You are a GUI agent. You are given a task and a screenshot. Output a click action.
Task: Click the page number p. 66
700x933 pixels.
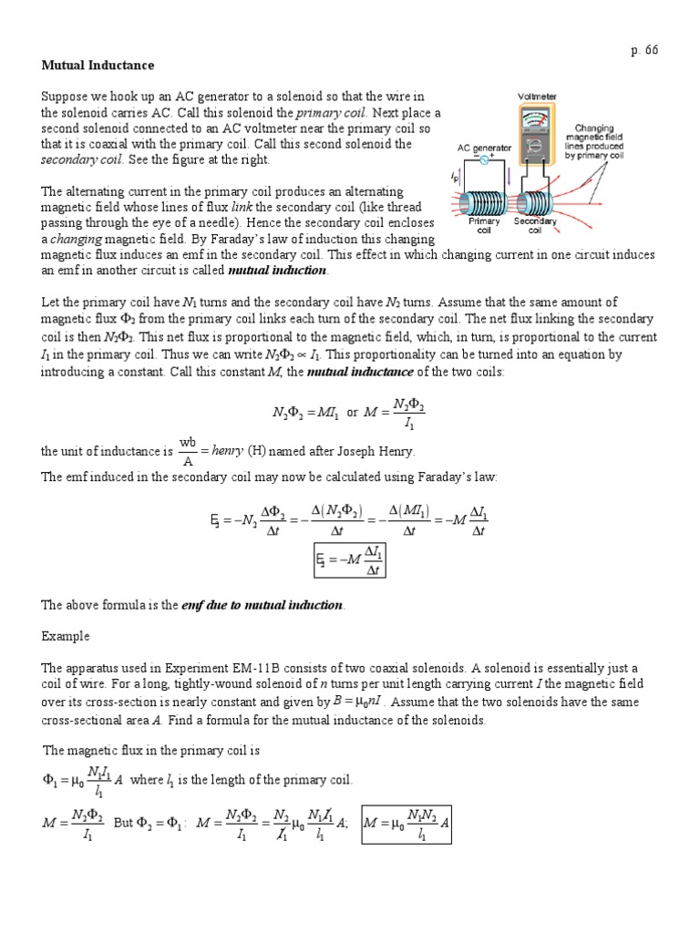point(644,50)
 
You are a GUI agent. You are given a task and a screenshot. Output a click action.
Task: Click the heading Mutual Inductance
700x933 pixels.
point(98,66)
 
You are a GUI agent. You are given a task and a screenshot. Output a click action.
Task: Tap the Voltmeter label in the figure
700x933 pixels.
point(538,96)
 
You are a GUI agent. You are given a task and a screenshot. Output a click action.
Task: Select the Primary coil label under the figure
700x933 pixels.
point(485,225)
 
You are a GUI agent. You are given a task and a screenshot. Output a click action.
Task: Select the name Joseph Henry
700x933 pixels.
point(375,450)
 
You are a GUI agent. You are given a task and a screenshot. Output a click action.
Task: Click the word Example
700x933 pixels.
point(65,636)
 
